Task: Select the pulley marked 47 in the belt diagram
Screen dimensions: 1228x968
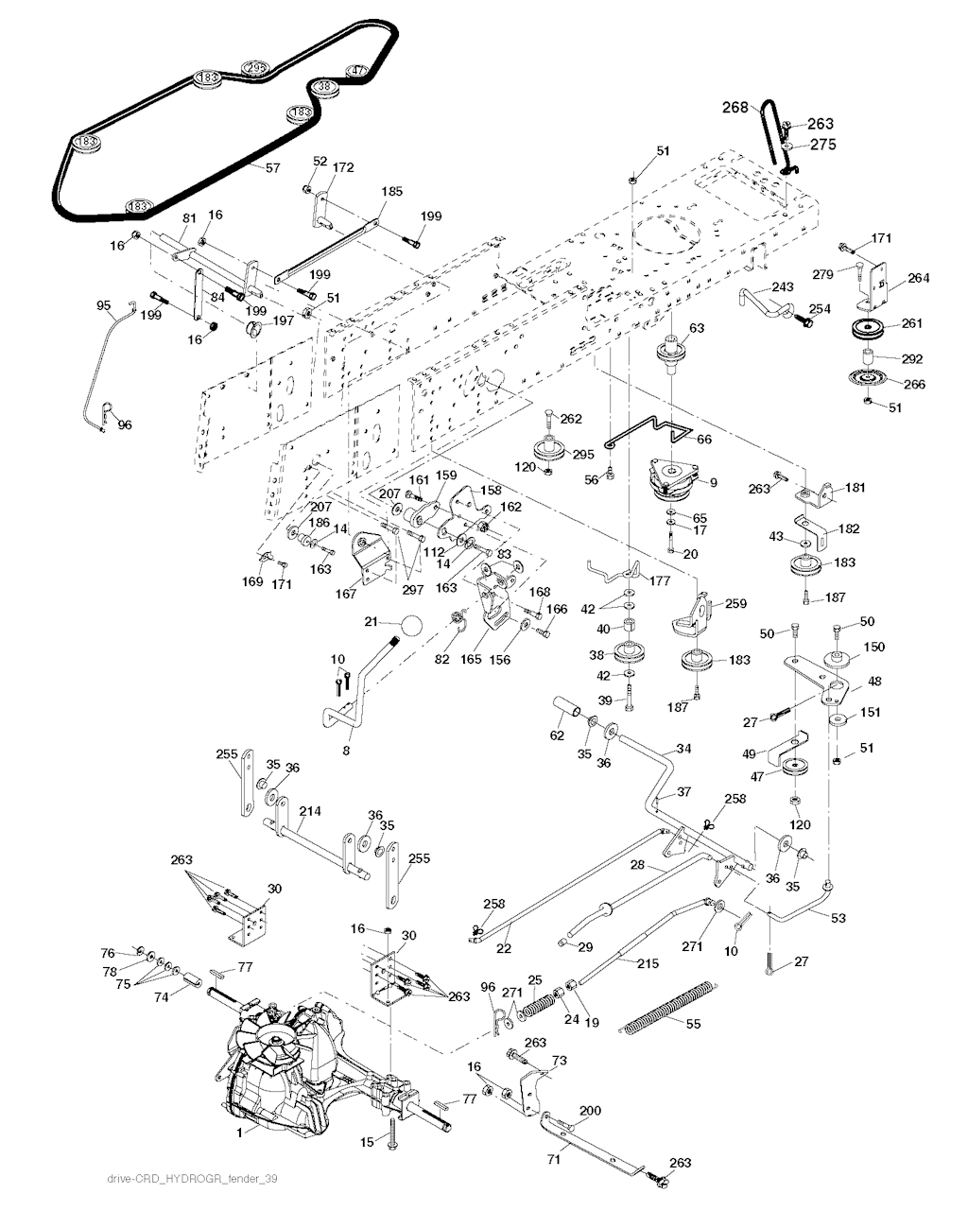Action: pos(358,72)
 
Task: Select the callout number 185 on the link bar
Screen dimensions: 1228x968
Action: pos(391,191)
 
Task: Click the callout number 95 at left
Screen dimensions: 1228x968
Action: pos(104,304)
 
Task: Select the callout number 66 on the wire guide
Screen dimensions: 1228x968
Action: pos(704,440)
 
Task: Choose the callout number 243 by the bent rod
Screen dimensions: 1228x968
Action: pos(783,287)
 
